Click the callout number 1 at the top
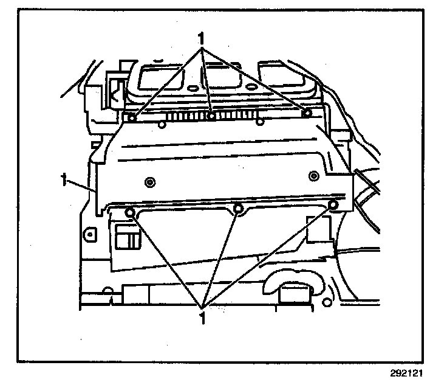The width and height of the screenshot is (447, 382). coord(200,37)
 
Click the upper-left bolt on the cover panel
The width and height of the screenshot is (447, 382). coord(131,117)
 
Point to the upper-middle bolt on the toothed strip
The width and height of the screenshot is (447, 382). coord(211,116)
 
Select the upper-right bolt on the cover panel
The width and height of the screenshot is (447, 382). coord(307,113)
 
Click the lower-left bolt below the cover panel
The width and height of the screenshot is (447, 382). coord(129,212)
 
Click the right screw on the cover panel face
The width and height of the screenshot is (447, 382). coord(313,176)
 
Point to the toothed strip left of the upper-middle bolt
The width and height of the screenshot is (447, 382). coord(185,116)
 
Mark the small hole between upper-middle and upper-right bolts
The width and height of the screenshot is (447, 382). coord(260,122)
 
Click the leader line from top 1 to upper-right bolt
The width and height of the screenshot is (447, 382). coord(255,76)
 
